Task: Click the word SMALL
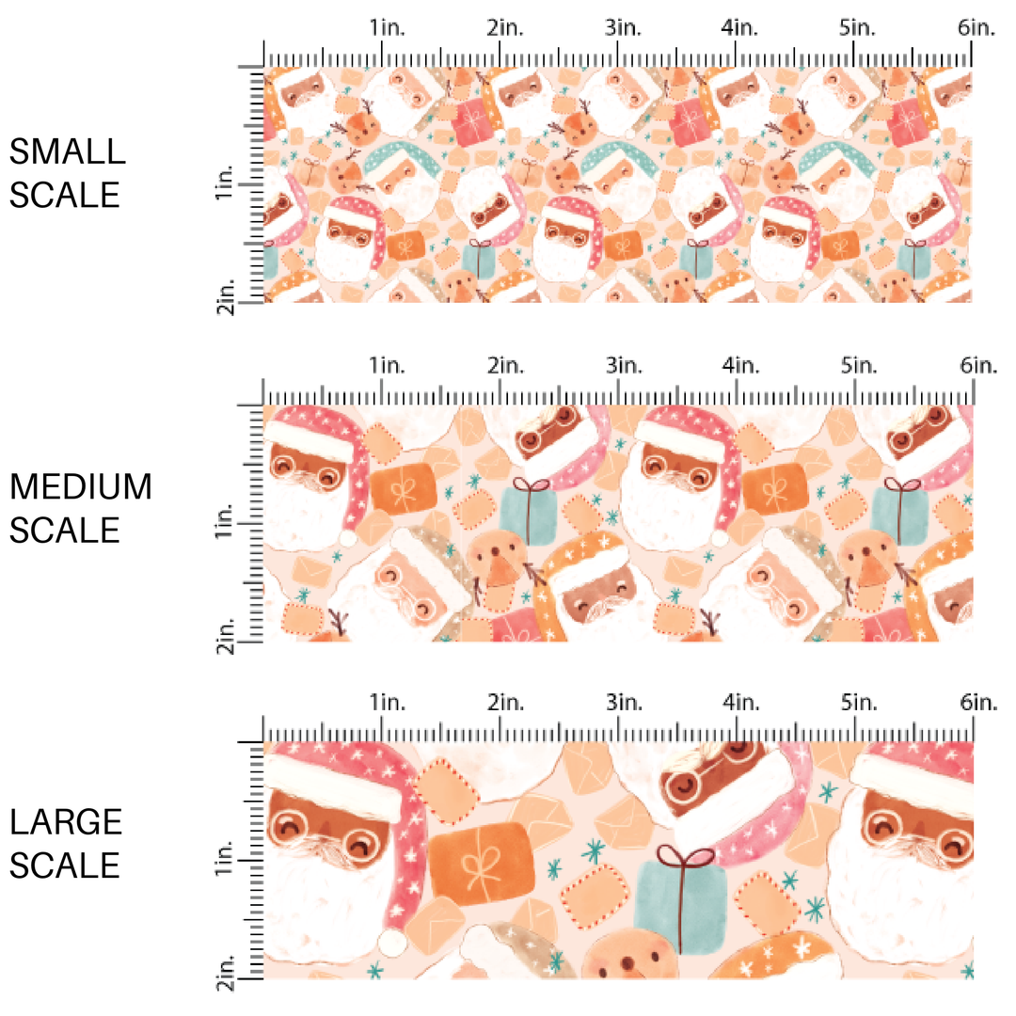pyautogui.click(x=67, y=151)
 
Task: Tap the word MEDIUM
pyautogui.click(x=81, y=487)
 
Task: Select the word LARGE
pyautogui.click(x=67, y=822)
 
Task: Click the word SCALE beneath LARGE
pyautogui.click(x=65, y=865)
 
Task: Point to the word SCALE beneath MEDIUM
pyautogui.click(x=65, y=530)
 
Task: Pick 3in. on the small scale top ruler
pyautogui.click(x=622, y=28)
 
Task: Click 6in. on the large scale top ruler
pyautogui.click(x=976, y=702)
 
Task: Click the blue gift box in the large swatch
pyautogui.click(x=680, y=907)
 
